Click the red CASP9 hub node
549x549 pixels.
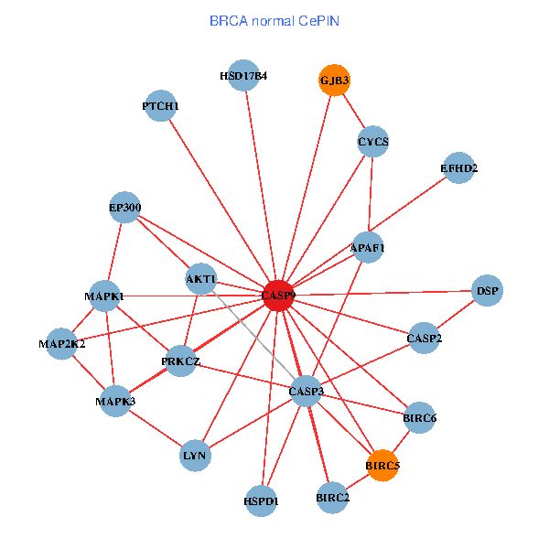(x=278, y=296)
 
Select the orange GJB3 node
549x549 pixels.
(x=334, y=81)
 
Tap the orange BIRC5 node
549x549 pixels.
(x=382, y=466)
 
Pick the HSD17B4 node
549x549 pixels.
(x=244, y=76)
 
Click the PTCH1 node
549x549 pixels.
(x=160, y=106)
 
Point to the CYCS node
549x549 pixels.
(x=372, y=142)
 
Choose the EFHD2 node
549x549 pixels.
(x=458, y=168)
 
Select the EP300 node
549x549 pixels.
(x=124, y=208)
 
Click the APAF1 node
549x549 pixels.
(x=368, y=247)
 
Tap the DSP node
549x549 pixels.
(x=487, y=291)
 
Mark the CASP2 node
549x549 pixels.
(x=424, y=339)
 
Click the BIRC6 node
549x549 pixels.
(x=419, y=418)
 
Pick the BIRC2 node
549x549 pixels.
(x=332, y=498)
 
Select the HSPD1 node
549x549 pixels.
(x=261, y=501)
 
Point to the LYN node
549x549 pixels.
(x=195, y=455)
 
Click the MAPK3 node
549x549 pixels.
(x=115, y=401)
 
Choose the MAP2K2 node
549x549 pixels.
(x=61, y=344)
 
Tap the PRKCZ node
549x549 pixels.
(x=180, y=361)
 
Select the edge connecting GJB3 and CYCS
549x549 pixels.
(x=353, y=112)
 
